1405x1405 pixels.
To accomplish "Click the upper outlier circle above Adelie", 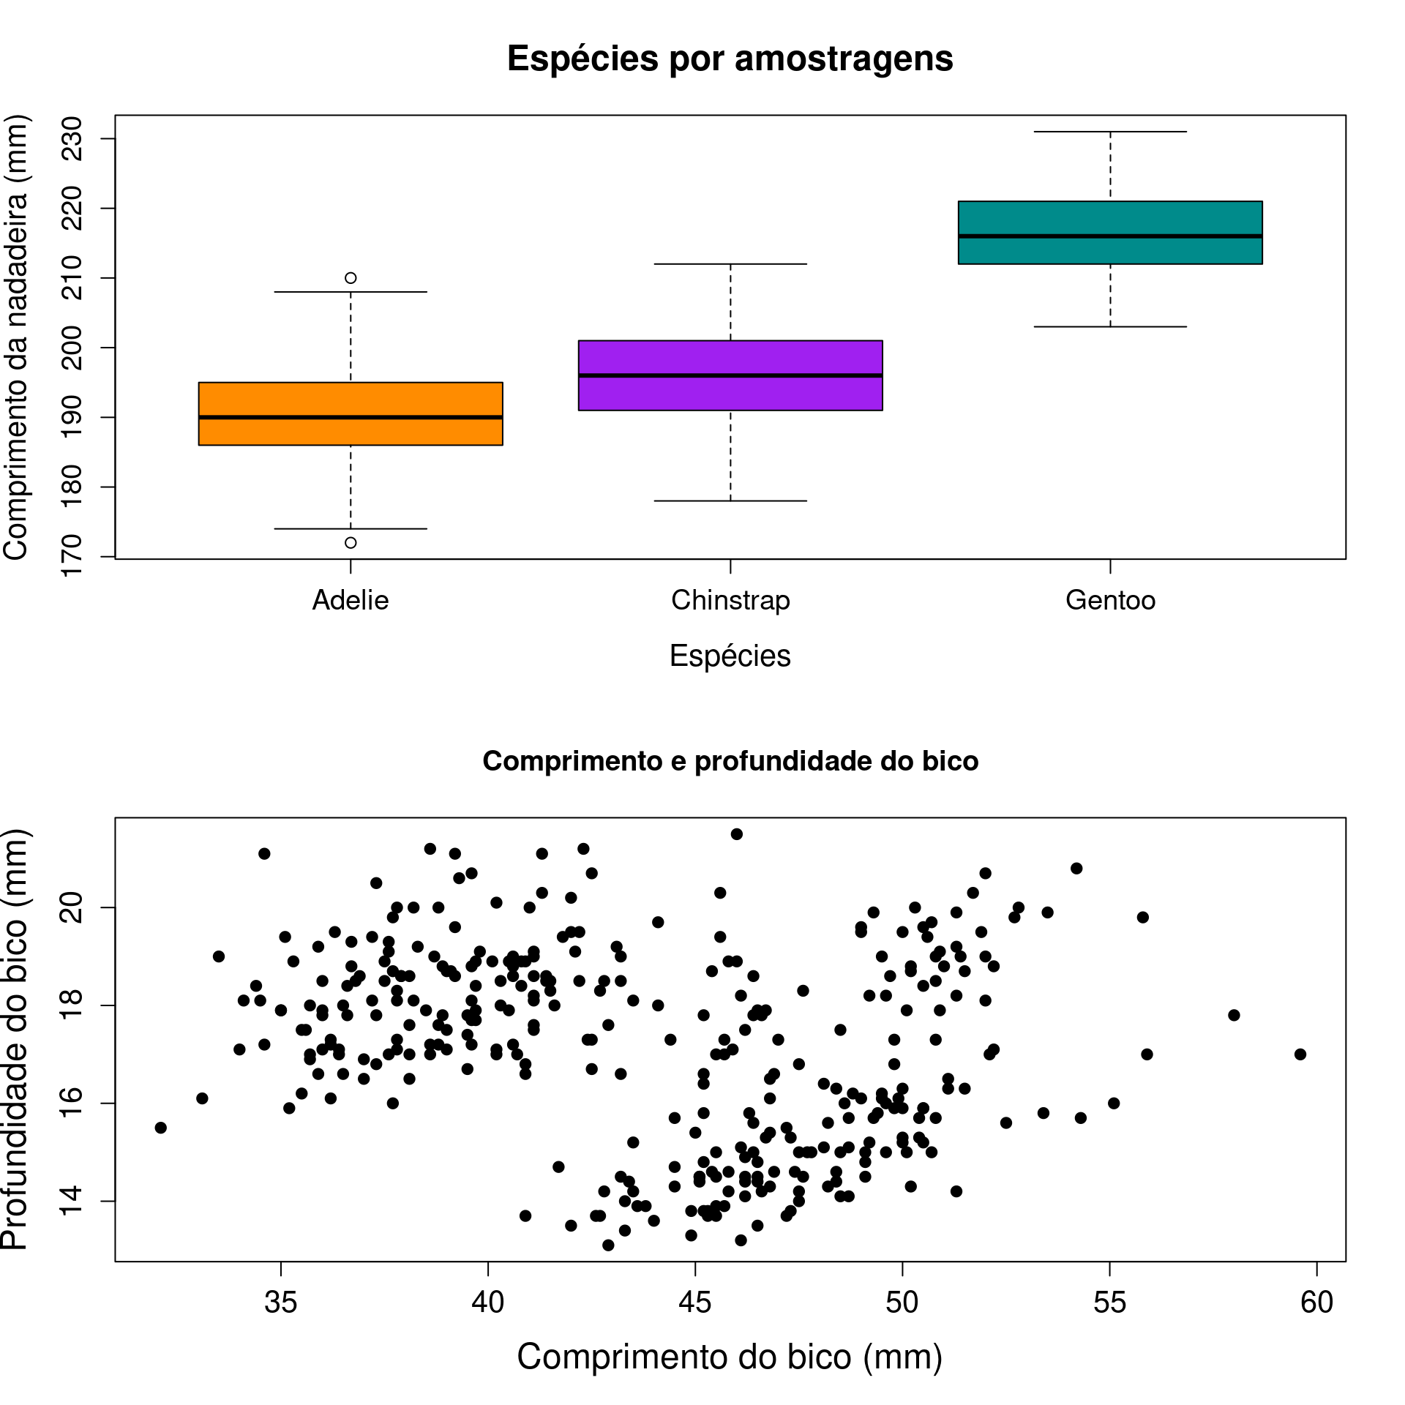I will point(351,278).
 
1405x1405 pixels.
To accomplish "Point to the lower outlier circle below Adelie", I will point(351,543).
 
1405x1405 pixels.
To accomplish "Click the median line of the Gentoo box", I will point(1110,236).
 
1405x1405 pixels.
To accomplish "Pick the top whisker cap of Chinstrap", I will point(730,263).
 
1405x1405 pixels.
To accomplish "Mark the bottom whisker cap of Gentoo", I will point(1110,326).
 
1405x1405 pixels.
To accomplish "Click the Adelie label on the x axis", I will point(351,601).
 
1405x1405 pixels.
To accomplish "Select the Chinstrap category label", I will point(730,601).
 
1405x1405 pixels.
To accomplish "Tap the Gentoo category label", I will point(1110,601).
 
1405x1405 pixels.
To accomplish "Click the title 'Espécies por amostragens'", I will point(730,59).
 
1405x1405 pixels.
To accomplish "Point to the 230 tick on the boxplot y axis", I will point(72,138).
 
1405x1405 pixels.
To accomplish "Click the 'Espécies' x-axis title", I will point(730,656).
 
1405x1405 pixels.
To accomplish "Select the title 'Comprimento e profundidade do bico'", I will point(730,762).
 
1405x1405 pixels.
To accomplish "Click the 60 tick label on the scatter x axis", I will point(1316,1303).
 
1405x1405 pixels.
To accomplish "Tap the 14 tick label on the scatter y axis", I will point(72,1201).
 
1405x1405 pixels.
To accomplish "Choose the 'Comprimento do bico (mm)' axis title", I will point(730,1357).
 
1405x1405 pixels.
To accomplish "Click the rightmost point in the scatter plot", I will point(1300,1054).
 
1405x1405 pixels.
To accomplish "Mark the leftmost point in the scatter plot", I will point(161,1128).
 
